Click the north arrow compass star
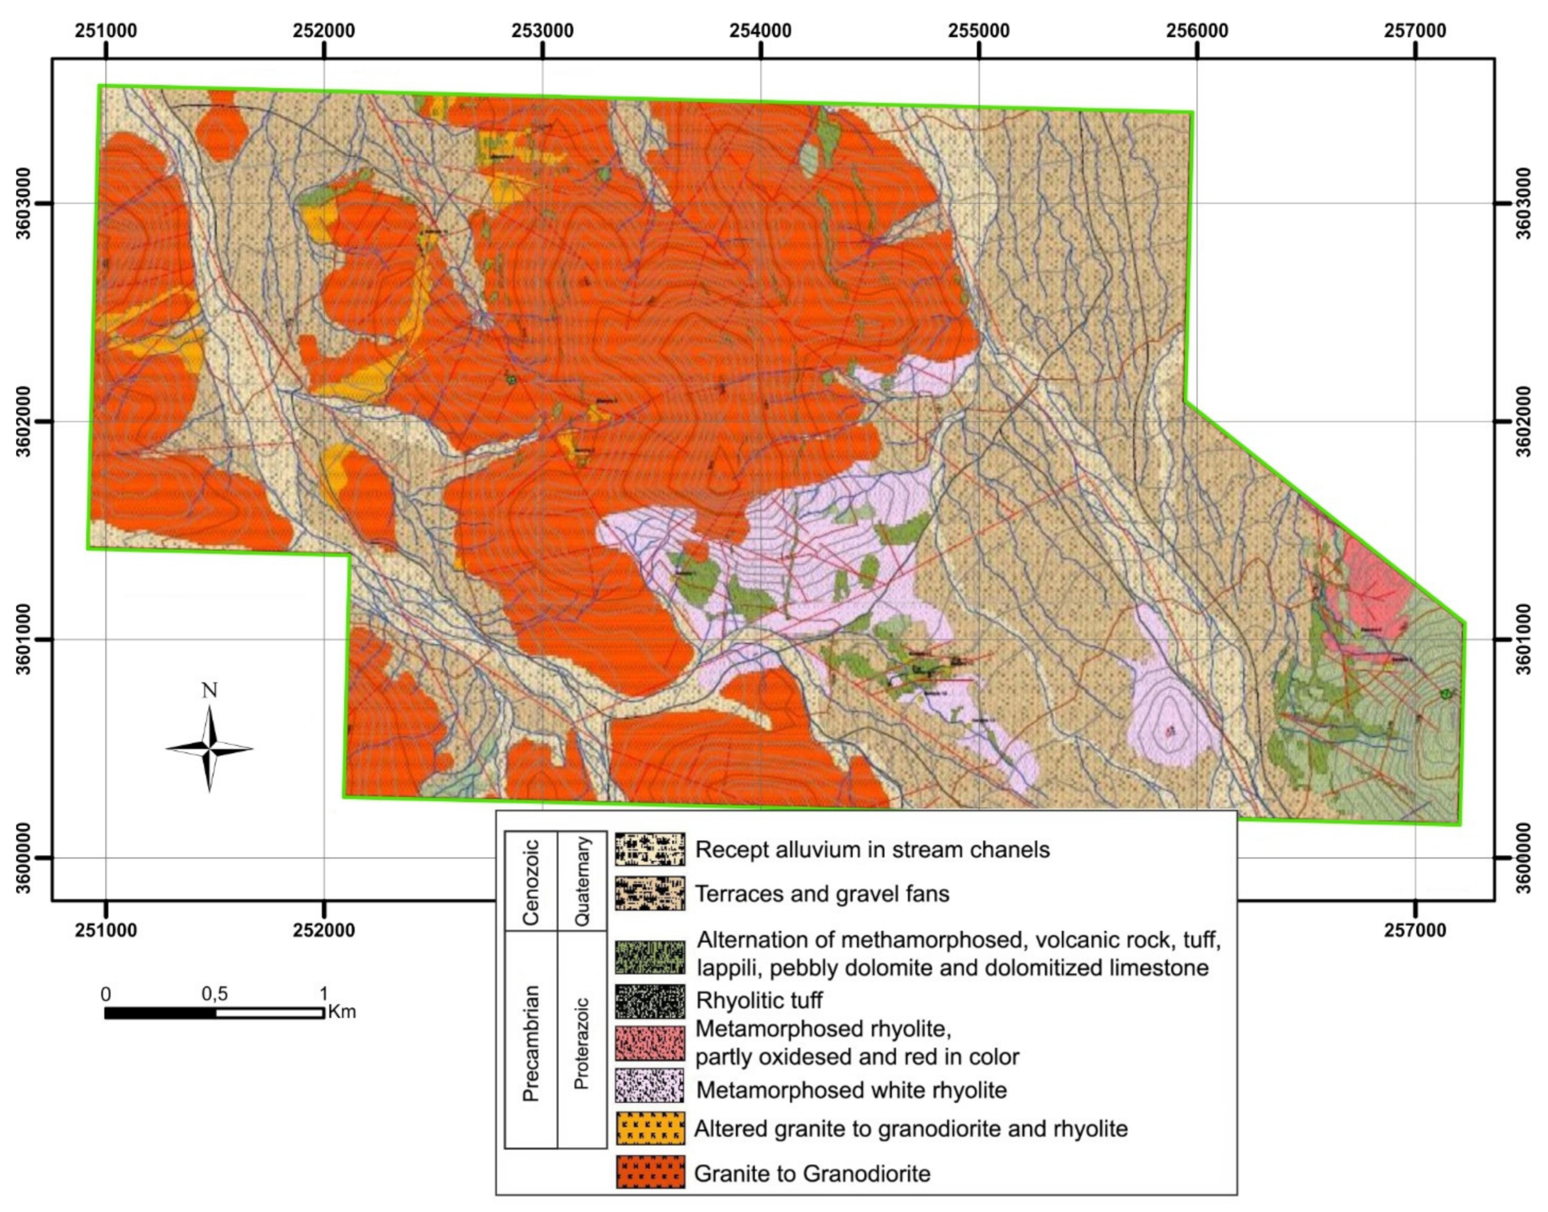pyautogui.click(x=209, y=749)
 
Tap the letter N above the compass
pyautogui.click(x=209, y=690)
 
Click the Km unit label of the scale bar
pyautogui.click(x=342, y=1011)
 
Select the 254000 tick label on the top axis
pyautogui.click(x=760, y=31)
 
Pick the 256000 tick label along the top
pyautogui.click(x=1196, y=31)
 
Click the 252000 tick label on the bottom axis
pyautogui.click(x=324, y=930)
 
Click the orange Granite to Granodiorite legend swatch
pyautogui.click(x=650, y=1172)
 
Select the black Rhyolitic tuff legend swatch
pyautogui.click(x=650, y=1001)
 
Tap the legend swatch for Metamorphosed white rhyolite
pyautogui.click(x=650, y=1089)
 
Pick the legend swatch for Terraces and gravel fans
pyautogui.click(x=650, y=893)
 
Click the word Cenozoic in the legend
pyautogui.click(x=531, y=882)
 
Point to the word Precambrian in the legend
pyautogui.click(x=531, y=1042)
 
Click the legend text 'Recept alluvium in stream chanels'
pyautogui.click(x=872, y=850)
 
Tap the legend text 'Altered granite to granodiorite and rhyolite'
pyautogui.click(x=911, y=1128)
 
